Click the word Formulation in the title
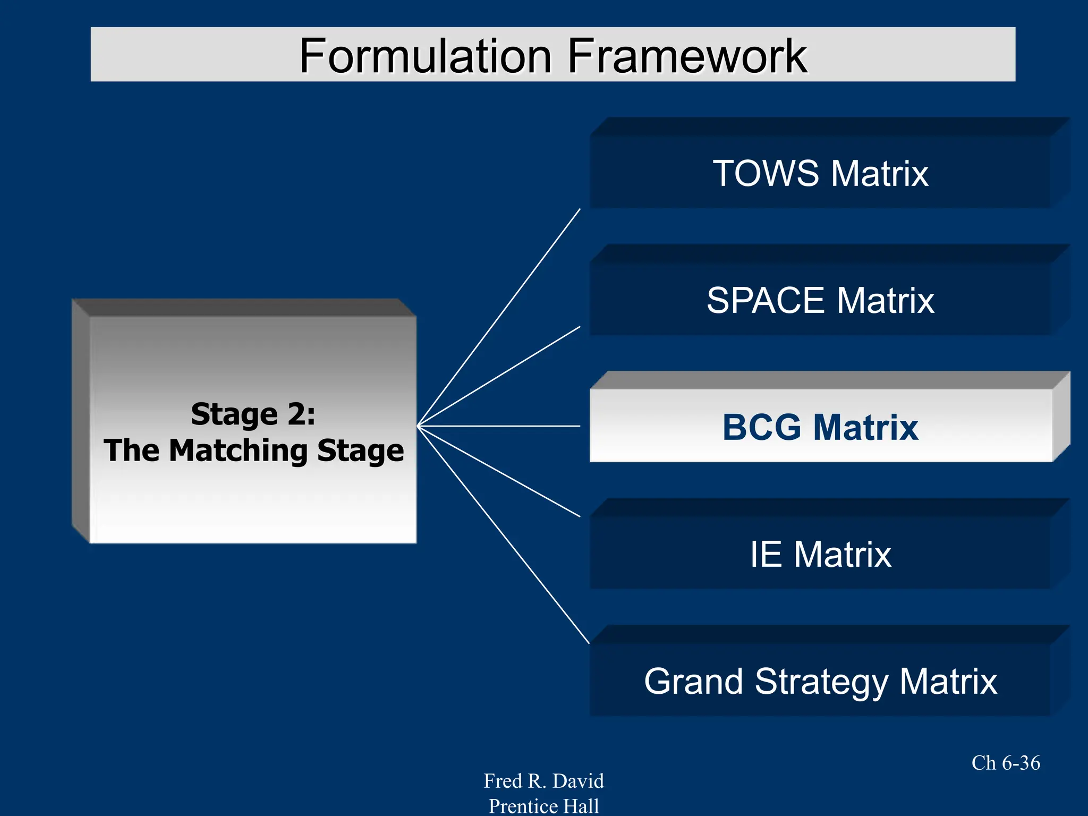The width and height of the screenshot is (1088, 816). point(426,56)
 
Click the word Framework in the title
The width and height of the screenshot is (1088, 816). point(687,56)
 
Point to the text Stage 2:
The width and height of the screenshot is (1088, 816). point(253,414)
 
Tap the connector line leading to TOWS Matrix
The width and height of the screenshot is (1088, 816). point(499,317)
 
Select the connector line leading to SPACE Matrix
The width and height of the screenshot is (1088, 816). point(499,376)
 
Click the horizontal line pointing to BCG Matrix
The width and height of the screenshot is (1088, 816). point(499,426)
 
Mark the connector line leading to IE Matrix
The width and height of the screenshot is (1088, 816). point(499,472)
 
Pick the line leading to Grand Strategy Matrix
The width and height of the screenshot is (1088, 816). point(504,534)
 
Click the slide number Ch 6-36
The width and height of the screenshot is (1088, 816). point(1006,763)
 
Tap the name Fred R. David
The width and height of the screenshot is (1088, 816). point(543,781)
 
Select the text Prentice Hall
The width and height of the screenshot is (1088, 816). point(543,806)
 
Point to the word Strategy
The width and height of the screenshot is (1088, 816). point(821,682)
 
